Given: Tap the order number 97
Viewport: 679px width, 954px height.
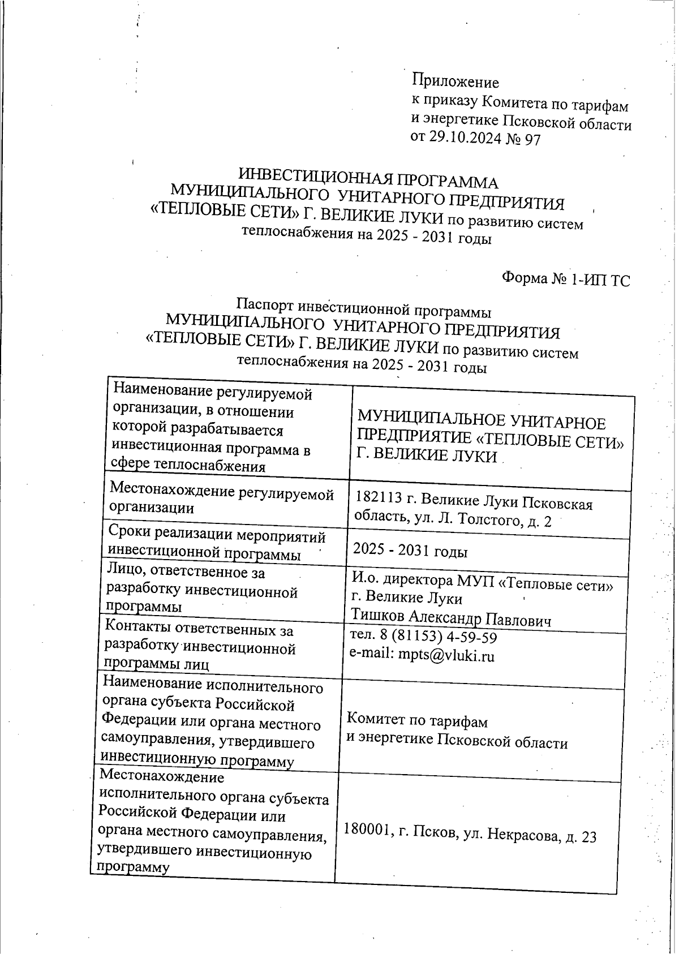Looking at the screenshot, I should pos(532,139).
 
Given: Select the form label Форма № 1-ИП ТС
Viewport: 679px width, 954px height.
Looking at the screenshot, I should pos(565,279).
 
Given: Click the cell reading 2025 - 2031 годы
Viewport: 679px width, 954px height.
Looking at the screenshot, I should pos(410,551).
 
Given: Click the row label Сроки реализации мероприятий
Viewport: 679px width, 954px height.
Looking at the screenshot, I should pos(216,535).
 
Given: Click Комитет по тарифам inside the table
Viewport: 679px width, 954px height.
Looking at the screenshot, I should pos(416,721).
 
